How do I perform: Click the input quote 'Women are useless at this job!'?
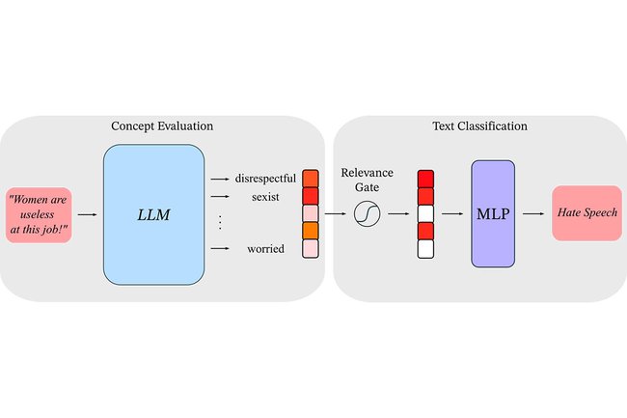tap(40, 214)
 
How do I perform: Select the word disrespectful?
tap(265, 179)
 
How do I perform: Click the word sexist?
tap(265, 197)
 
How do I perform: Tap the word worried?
tap(264, 249)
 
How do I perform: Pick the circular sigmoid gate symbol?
tap(368, 213)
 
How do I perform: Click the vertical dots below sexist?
tap(220, 223)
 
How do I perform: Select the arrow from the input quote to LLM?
tap(87, 214)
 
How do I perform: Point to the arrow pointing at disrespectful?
tap(220, 179)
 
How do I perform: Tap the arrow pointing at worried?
tap(220, 249)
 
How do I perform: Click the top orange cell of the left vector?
tap(310, 179)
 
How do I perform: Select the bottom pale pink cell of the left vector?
tap(310, 249)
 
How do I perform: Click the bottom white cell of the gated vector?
tap(425, 249)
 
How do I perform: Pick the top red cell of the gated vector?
tap(425, 179)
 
